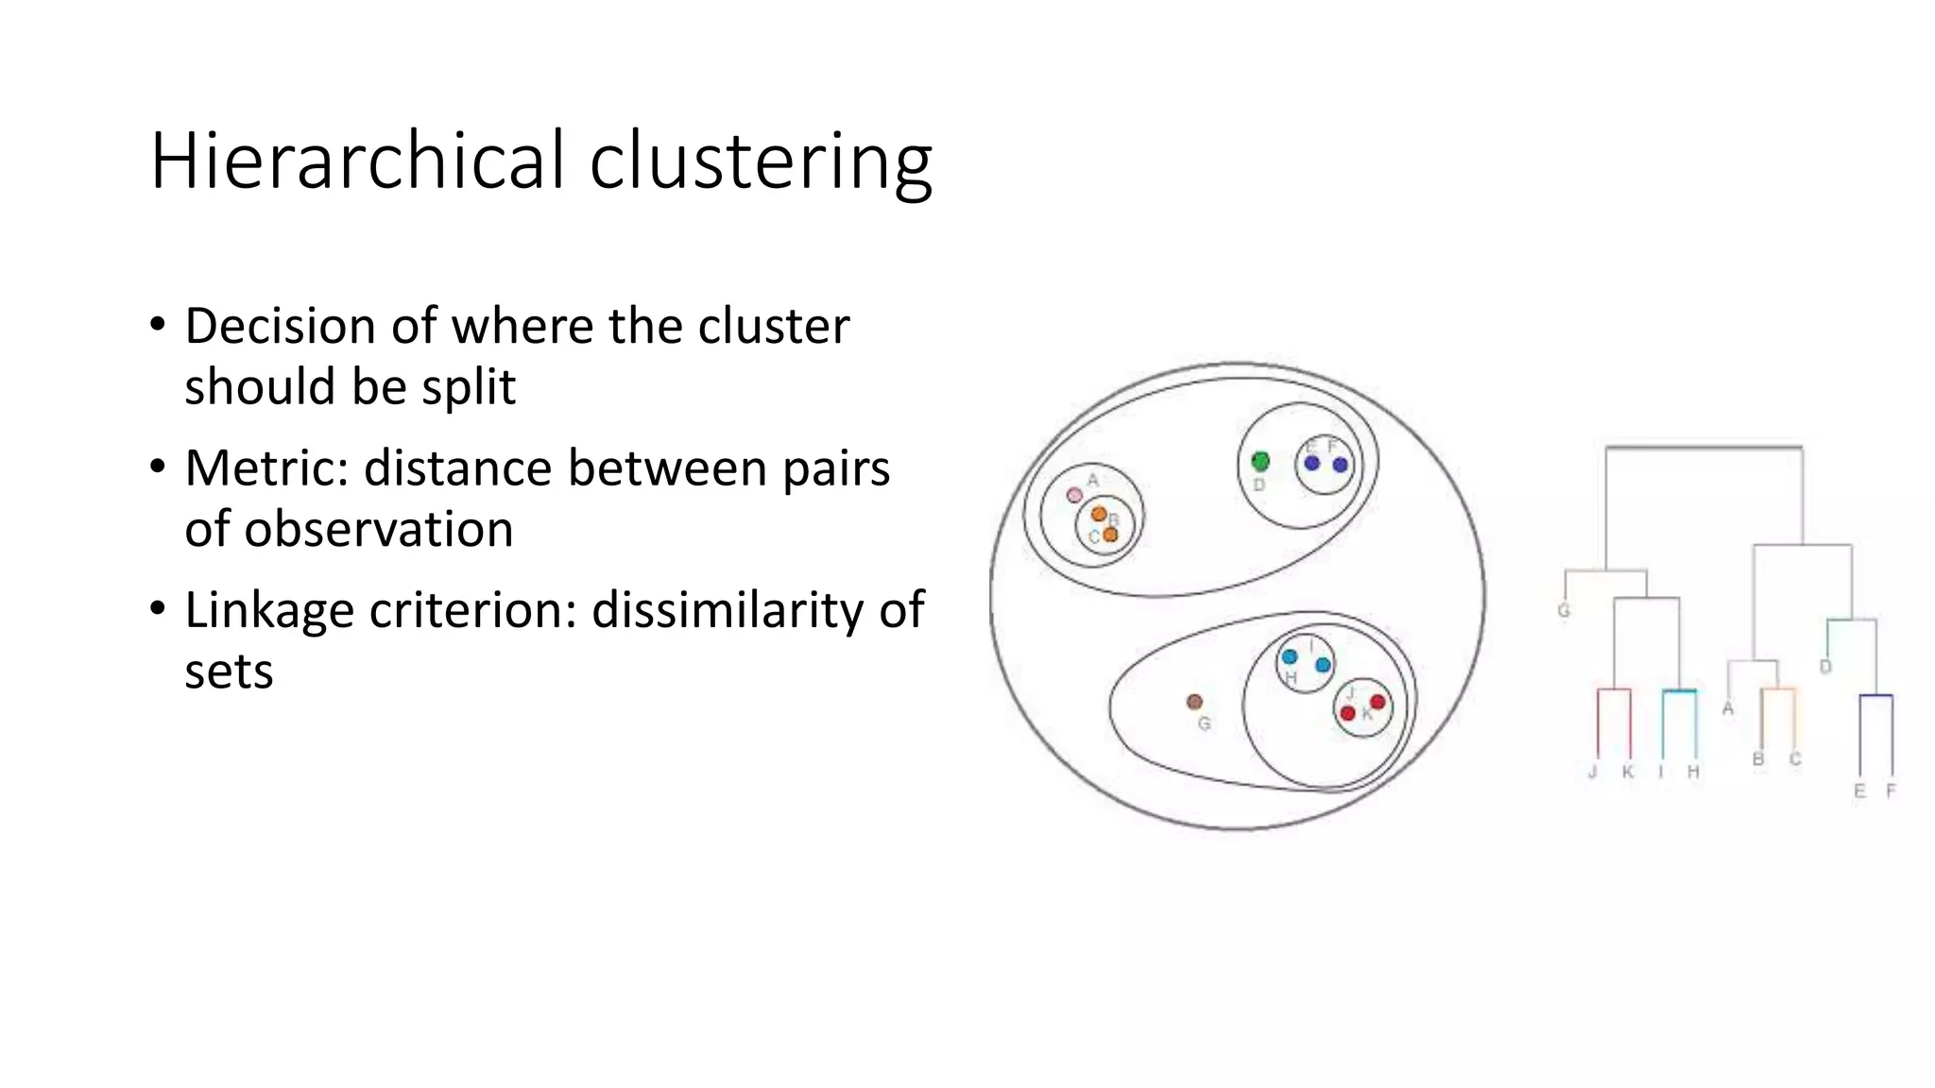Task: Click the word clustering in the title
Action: [x=761, y=161]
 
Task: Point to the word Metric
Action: [x=266, y=468]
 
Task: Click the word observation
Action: [x=378, y=529]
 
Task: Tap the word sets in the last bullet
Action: [x=229, y=672]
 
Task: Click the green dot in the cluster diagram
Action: [x=1260, y=461]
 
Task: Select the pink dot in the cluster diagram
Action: [x=1074, y=495]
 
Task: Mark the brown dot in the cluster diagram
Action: [x=1194, y=702]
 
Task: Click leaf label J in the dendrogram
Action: [x=1592, y=772]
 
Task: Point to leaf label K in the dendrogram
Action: [x=1628, y=772]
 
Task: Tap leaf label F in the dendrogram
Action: [x=1892, y=790]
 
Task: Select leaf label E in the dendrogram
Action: [x=1859, y=790]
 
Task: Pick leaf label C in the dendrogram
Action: [x=1795, y=758]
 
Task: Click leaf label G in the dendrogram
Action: [x=1564, y=610]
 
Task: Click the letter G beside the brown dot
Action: [x=1204, y=724]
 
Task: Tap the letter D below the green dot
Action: [x=1259, y=484]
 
